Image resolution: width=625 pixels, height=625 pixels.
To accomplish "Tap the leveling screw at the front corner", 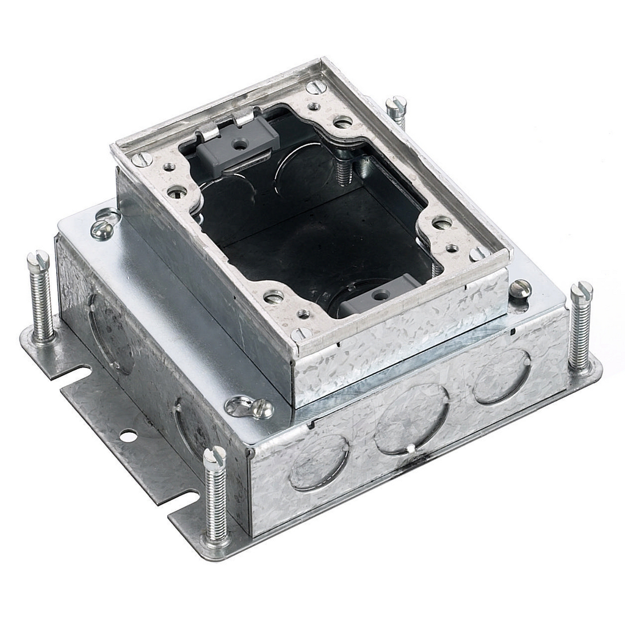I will [214, 494].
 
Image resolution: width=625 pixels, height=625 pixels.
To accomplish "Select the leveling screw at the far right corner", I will [580, 327].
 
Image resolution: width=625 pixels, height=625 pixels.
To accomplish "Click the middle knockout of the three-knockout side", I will [411, 419].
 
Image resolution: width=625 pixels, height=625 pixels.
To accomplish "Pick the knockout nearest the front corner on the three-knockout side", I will [318, 461].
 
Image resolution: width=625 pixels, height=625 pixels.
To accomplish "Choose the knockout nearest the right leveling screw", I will [501, 376].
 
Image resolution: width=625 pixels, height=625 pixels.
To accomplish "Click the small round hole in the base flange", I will [128, 436].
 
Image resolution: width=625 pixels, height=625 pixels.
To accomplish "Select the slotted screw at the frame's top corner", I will [317, 87].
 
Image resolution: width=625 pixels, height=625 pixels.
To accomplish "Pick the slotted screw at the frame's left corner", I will [143, 159].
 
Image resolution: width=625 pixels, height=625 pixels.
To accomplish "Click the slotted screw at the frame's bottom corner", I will [300, 334].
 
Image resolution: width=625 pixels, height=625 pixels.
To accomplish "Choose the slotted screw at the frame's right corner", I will [481, 253].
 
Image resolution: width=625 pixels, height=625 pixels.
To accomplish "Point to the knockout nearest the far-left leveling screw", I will [110, 333].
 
